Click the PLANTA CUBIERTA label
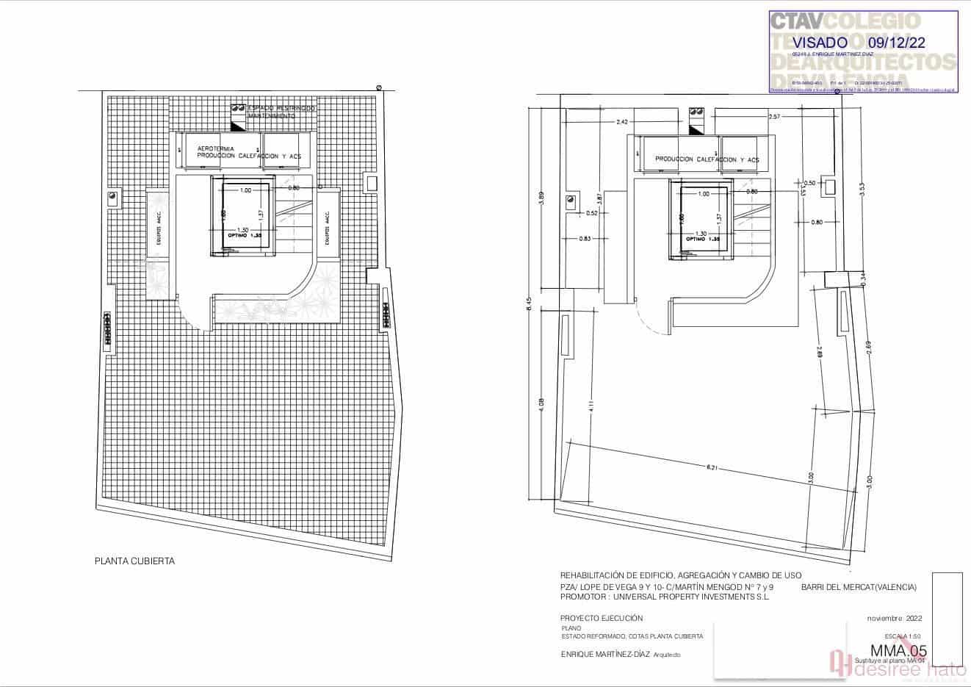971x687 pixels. pos(134,561)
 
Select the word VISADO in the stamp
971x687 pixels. pos(820,43)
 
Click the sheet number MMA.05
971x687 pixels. pos(898,650)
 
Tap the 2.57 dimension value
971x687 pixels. pos(773,117)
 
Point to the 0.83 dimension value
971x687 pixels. pos(585,239)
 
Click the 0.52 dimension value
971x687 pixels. pos(593,214)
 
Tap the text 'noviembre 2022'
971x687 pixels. pos(894,618)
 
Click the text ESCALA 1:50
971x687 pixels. pos(902,636)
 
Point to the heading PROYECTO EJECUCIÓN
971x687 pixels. pos(601,618)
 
